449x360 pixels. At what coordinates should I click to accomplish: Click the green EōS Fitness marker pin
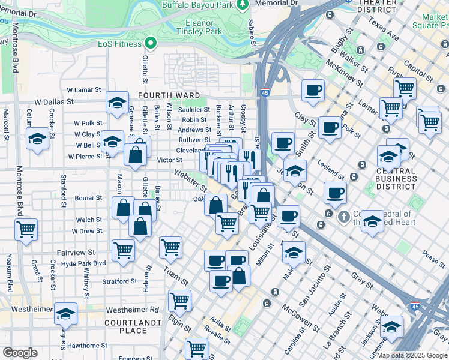coord(151,43)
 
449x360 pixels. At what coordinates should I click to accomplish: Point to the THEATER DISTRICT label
coord(376,6)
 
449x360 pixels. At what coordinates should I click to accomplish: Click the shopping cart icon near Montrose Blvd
coord(26,229)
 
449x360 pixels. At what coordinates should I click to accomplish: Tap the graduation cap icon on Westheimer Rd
coord(65,313)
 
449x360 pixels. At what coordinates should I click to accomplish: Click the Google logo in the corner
coord(20,353)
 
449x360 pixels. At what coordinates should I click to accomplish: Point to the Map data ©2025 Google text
coord(411,355)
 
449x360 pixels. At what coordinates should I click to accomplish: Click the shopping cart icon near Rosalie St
coord(196,347)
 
